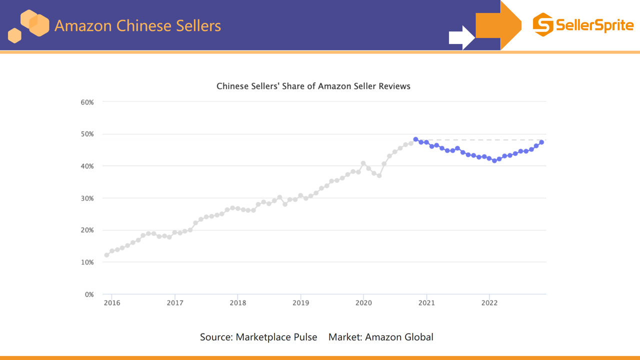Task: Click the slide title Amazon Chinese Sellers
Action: (137, 25)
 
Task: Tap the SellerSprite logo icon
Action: (542, 25)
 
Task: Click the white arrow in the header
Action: (461, 37)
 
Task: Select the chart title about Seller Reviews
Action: (313, 86)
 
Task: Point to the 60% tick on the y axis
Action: (87, 102)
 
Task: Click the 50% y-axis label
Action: (87, 134)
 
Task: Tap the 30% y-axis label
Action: (87, 198)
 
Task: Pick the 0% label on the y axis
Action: (89, 294)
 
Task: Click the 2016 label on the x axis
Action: (111, 302)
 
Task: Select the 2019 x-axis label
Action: (300, 302)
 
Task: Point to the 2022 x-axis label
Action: (489, 302)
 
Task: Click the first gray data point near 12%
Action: (106, 255)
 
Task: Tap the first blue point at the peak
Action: (415, 139)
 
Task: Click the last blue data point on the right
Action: (541, 142)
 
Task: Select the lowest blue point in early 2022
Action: (494, 160)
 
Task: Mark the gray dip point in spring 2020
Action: (379, 175)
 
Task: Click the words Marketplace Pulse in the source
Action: (276, 337)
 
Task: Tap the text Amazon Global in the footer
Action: (399, 337)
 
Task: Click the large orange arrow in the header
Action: (497, 25)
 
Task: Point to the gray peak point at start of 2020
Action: (363, 163)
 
